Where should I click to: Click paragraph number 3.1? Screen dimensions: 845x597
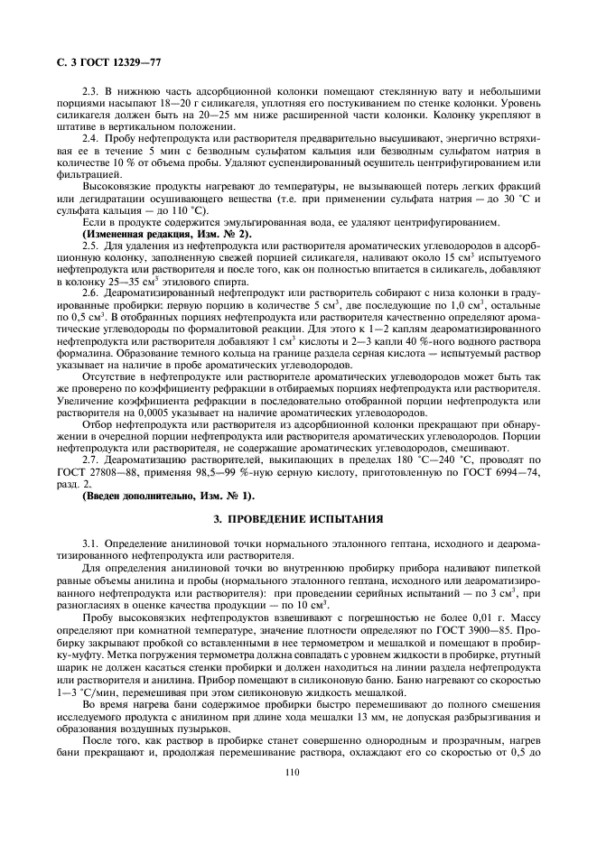[92, 544]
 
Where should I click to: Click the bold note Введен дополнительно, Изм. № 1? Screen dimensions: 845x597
[168, 496]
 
